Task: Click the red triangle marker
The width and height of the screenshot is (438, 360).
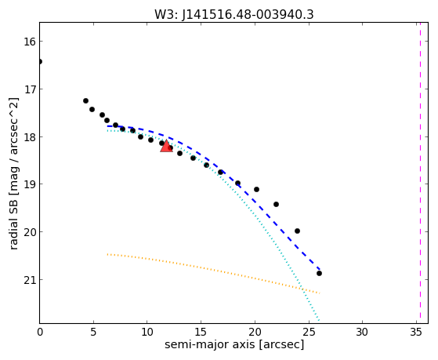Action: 166,147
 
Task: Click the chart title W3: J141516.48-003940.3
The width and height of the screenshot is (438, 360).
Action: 234,15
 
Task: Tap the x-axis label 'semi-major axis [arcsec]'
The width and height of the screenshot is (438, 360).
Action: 234,344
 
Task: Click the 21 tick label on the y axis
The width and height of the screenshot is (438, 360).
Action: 30,280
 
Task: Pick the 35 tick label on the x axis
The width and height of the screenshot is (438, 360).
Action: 416,332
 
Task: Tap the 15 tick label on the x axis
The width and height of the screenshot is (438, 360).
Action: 201,332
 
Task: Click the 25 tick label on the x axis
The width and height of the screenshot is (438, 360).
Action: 309,332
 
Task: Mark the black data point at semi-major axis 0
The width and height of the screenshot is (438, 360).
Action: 40,61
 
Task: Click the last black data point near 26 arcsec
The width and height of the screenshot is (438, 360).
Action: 319,273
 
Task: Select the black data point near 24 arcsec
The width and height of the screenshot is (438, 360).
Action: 297,231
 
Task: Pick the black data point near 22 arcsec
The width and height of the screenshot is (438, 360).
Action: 276,205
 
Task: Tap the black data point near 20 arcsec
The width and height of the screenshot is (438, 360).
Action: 256,189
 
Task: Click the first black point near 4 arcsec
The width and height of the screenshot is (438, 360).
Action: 85,100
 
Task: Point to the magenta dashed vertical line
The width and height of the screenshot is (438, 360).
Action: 420,173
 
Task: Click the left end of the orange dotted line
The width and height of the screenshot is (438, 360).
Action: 107,254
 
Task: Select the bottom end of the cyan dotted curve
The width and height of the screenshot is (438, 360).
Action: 318,321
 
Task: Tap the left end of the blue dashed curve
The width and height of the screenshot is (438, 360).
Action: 107,126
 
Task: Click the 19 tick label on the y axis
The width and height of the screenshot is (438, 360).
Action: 30,184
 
